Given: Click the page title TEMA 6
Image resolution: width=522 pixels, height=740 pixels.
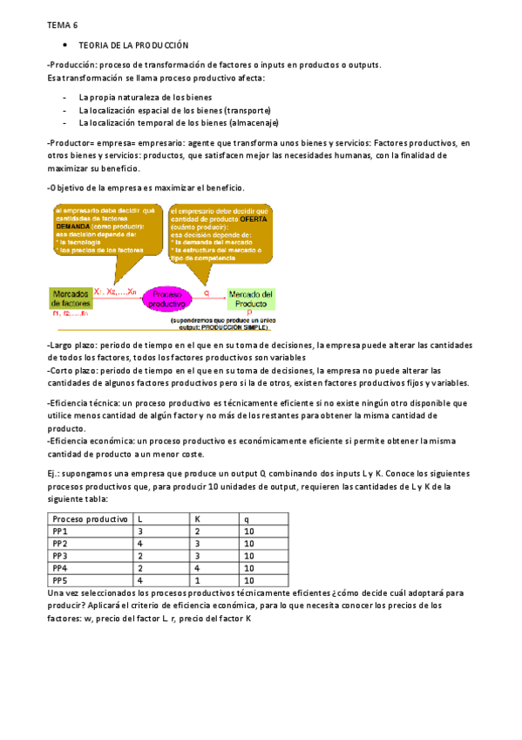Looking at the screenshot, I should [x=63, y=26].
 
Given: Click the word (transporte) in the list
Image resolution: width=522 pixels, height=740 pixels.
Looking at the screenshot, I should [x=247, y=111].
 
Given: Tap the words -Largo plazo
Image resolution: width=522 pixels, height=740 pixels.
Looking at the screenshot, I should [x=71, y=346].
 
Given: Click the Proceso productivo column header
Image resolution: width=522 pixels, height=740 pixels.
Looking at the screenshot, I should [x=90, y=518].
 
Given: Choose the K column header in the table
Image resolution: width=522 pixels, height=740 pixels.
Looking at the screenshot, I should [x=197, y=518].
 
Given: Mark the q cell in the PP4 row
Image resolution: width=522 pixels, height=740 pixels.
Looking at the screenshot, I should [x=249, y=567].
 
